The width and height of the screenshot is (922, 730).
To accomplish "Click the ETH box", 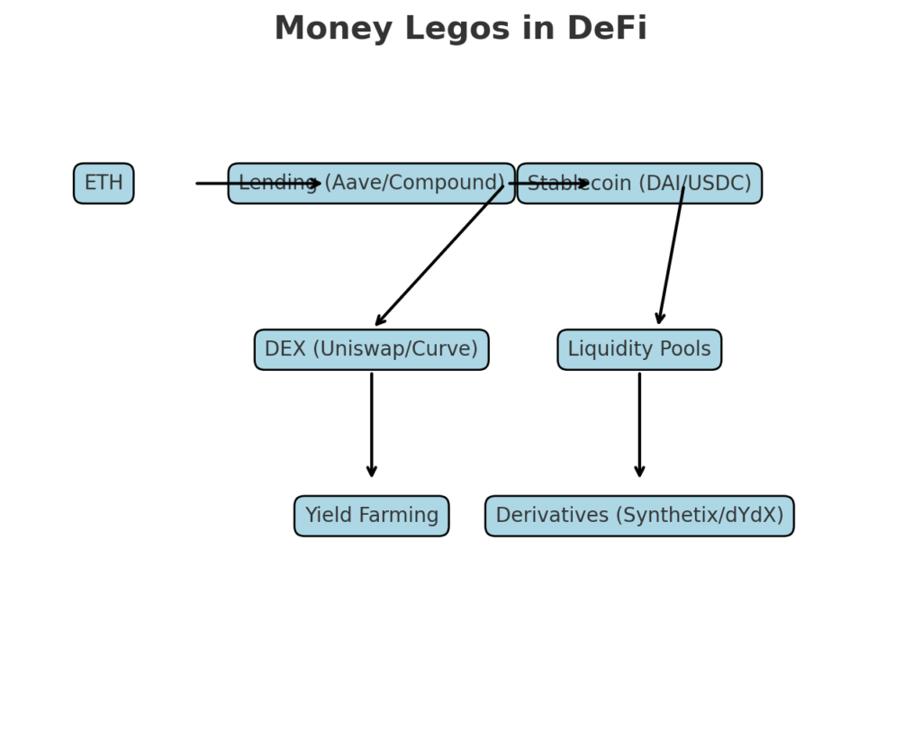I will [x=104, y=184].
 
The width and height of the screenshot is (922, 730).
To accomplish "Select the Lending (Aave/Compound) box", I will [x=371, y=184].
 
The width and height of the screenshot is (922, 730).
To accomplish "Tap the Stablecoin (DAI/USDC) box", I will [x=639, y=184].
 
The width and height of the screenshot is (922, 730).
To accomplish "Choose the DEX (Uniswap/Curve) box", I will [x=371, y=349].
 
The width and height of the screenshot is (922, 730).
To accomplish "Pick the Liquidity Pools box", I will [x=639, y=349].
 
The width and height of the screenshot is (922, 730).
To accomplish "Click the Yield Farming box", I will [x=371, y=516].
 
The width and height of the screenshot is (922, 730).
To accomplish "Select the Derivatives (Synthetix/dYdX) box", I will [x=639, y=516].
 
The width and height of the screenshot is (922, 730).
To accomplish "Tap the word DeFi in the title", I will [x=607, y=29].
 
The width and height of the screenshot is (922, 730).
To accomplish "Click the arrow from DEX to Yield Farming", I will [x=371, y=423].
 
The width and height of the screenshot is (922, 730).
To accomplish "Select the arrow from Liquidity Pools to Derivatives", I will [x=639, y=423].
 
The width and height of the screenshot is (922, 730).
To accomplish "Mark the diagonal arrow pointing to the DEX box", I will [x=438, y=256].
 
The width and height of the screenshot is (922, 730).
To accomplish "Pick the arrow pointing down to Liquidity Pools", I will [x=671, y=256].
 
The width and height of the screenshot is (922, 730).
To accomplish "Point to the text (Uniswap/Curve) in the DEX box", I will [x=395, y=349].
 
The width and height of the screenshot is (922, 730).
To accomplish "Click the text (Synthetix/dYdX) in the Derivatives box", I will [x=700, y=516].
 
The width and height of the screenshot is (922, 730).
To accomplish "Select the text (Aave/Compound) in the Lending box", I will [x=414, y=184].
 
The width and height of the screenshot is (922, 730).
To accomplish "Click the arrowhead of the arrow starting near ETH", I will [x=316, y=184].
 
